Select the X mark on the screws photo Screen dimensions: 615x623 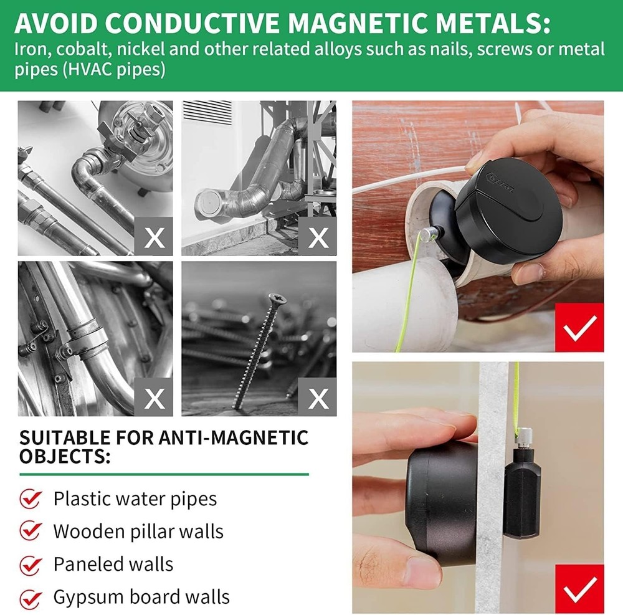coord(318,398)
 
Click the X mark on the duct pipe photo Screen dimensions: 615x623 coord(318,237)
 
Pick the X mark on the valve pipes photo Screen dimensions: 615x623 coord(154,237)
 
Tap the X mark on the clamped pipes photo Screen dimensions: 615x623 coord(154,398)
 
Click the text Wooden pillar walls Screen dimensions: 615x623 coord(138,532)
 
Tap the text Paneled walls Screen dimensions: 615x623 coord(113,564)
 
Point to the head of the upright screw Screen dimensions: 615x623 coord(272,298)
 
